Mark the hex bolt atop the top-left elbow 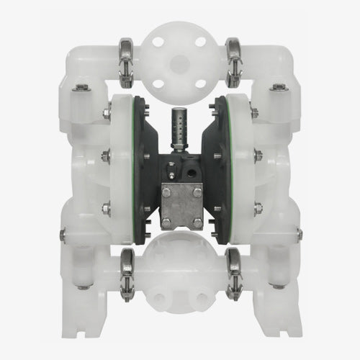tap(81, 88)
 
